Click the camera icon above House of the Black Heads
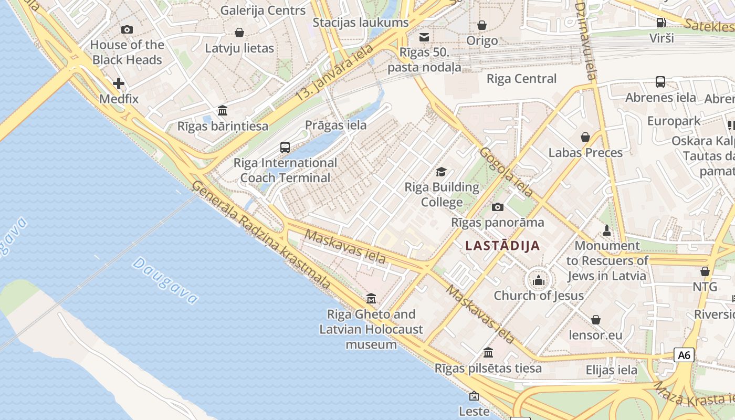(x=127, y=30)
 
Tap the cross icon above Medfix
(x=119, y=83)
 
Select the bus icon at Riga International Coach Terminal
(x=285, y=148)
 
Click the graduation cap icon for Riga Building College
(x=442, y=172)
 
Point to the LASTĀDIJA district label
(x=502, y=245)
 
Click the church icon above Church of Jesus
(x=538, y=280)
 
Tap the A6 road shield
(x=684, y=355)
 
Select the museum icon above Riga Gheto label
(x=371, y=299)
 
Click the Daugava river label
(x=165, y=280)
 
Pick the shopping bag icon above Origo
(x=482, y=25)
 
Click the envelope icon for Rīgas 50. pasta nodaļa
(x=424, y=37)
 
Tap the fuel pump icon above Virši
(x=661, y=23)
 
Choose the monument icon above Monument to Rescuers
(x=607, y=230)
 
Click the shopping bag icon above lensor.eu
(x=596, y=320)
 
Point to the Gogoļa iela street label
(x=506, y=172)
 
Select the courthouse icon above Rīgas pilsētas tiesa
(x=488, y=352)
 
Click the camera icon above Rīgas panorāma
(x=498, y=207)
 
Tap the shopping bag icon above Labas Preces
(x=585, y=138)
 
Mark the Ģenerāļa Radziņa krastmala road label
(x=261, y=235)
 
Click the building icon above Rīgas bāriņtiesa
(x=223, y=111)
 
